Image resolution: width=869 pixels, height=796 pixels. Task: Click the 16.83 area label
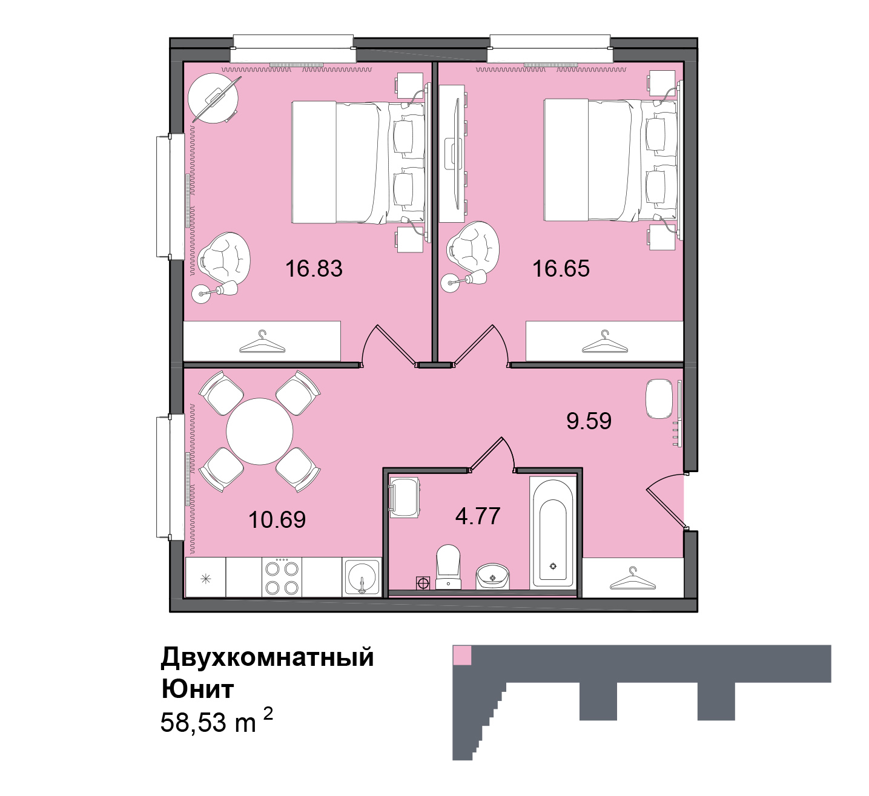click(314, 269)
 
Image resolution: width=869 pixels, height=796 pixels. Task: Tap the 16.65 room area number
click(561, 269)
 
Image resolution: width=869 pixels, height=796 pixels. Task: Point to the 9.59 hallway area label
click(589, 421)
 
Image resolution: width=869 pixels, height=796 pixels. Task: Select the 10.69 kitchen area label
click(277, 520)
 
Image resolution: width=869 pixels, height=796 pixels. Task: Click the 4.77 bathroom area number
click(478, 516)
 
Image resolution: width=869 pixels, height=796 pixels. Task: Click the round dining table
click(259, 432)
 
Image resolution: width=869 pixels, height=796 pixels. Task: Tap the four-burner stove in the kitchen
click(282, 577)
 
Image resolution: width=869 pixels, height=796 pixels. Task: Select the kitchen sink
click(362, 577)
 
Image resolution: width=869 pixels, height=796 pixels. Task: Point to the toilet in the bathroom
click(448, 567)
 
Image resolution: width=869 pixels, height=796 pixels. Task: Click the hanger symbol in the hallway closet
click(632, 579)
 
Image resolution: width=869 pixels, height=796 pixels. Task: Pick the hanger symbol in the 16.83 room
click(262, 341)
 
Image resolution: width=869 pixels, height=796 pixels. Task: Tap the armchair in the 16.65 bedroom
click(473, 246)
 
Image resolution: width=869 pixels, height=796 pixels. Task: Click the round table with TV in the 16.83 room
click(213, 98)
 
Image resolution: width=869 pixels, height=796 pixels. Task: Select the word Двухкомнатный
click(267, 657)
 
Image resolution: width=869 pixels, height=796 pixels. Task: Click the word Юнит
click(197, 689)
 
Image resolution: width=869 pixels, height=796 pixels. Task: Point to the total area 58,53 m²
click(217, 720)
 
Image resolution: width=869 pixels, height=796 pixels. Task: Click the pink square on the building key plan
click(462, 655)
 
